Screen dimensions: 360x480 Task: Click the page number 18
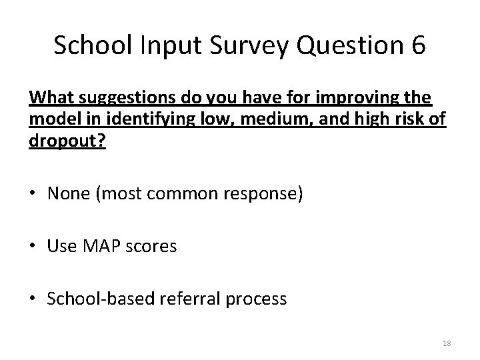447,343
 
